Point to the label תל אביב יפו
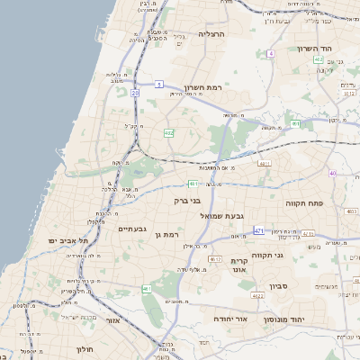tap(69, 240)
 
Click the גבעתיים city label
tap(137, 229)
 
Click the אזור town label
tap(114, 320)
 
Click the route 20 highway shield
tap(135, 93)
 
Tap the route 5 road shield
tap(157, 84)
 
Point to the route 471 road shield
tap(259, 231)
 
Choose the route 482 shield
tap(168, 132)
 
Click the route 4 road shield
tap(270, 53)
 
